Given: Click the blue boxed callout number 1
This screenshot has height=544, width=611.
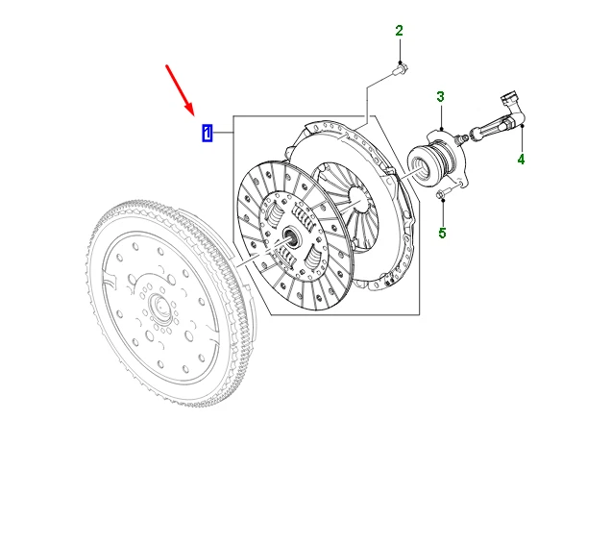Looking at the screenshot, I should pos(208,132).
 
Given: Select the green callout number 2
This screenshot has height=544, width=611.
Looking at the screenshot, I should pos(400,32).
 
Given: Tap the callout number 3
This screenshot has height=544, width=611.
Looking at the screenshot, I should pos(440,97).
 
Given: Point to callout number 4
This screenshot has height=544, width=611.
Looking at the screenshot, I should pos(521,160).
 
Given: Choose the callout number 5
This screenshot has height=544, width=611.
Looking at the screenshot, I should pos(442,234).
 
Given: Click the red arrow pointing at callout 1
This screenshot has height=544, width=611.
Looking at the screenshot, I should pos(180,87).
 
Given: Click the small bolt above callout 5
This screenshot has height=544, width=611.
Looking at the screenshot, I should pos(441,196).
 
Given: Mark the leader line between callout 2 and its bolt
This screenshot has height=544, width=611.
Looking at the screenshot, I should pos(400,50).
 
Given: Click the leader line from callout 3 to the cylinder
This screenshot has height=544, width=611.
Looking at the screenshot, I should pos(440,117).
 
